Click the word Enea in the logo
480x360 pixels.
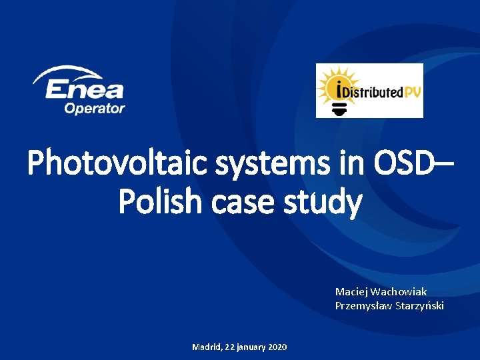(x=84, y=89)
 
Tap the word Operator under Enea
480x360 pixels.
(x=95, y=108)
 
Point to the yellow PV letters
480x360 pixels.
(x=412, y=92)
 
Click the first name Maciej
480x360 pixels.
(x=351, y=292)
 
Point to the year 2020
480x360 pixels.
(x=277, y=347)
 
